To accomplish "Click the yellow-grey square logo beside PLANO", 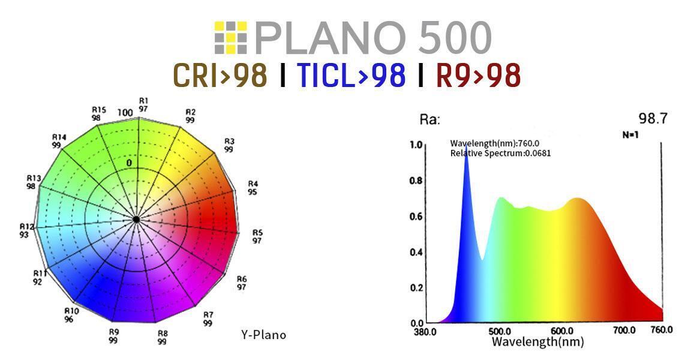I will pyautogui.click(x=230, y=37).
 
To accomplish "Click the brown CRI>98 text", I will pyautogui.click(x=220, y=75).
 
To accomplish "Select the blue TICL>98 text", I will pyautogui.click(x=351, y=75).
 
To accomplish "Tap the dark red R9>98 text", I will pyautogui.click(x=477, y=75).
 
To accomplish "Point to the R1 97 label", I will pyautogui.click(x=143, y=104).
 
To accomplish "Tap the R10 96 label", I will pyautogui.click(x=71, y=315).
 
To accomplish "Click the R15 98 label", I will pyautogui.click(x=98, y=113).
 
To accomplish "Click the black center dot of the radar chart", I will pyautogui.click(x=136, y=220).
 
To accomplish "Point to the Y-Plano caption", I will pyautogui.click(x=263, y=335).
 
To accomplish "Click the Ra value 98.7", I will pyautogui.click(x=653, y=119).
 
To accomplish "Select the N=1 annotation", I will pyautogui.click(x=630, y=135).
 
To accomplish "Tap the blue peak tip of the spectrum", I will pyautogui.click(x=466, y=158).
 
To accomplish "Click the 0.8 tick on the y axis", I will pyautogui.click(x=416, y=180).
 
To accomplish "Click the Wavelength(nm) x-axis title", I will pyautogui.click(x=537, y=342).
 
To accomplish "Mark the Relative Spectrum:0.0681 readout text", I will pyautogui.click(x=500, y=153).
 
